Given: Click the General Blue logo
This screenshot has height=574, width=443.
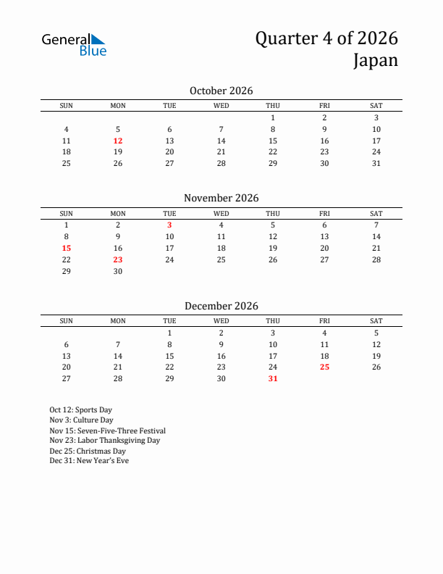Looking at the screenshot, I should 74,44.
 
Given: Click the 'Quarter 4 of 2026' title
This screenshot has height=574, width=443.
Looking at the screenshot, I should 326,38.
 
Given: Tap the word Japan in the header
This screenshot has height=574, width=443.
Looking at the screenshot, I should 376,60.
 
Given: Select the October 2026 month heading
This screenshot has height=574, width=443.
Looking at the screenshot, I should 221,91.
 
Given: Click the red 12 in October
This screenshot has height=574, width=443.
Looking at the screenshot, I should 118,141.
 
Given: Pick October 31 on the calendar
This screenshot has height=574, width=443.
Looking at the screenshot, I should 376,164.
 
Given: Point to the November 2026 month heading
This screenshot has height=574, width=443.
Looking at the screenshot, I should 221,198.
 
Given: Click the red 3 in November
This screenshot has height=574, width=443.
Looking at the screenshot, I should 169,225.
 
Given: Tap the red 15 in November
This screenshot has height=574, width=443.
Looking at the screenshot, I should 66,248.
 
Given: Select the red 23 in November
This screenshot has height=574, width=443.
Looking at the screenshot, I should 118,259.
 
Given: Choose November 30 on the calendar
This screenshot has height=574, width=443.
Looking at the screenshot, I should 118,271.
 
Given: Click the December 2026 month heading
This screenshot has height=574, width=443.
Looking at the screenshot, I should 221,306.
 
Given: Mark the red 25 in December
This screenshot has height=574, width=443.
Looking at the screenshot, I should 324,367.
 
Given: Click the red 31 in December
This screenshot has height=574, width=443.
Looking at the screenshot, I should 273,379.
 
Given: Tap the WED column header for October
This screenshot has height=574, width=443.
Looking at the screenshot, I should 221,106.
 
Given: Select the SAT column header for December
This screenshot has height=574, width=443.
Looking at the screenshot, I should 376,321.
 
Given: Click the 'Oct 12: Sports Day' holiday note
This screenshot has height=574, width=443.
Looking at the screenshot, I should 80,410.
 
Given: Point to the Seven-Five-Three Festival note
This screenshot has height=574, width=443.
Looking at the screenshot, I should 107,430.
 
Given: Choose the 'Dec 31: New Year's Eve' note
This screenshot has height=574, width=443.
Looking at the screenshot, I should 89,461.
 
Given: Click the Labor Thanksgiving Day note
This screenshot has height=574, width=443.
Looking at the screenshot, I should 104,441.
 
